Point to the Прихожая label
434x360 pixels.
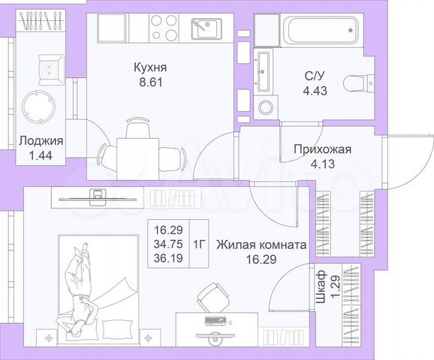coord(322,148)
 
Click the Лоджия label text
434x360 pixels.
coord(41,140)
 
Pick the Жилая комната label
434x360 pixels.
coord(261,244)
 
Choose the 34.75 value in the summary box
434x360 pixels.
coord(168,244)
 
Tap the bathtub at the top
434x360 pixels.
coord(315,31)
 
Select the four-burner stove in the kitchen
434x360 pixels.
coord(165,29)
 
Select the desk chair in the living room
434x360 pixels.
coord(213,297)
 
